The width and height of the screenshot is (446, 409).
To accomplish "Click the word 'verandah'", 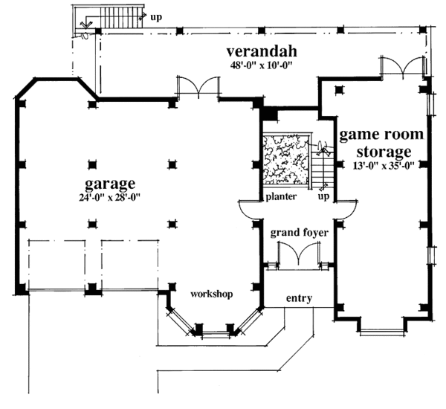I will pos(262,51).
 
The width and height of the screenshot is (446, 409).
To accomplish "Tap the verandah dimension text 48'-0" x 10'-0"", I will pos(262,65).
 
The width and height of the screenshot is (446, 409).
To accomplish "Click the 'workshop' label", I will pos(212,294).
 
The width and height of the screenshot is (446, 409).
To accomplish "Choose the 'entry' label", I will pos(299,298).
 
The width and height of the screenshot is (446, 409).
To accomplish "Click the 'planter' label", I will pos(282,197).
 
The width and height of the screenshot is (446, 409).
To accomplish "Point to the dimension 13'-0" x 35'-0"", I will pos(383,166).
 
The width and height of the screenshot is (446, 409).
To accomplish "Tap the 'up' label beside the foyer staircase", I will pos(323,198).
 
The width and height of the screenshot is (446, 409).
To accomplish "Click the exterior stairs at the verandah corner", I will pos(111,18).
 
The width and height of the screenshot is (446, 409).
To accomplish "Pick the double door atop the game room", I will pos(404,67).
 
